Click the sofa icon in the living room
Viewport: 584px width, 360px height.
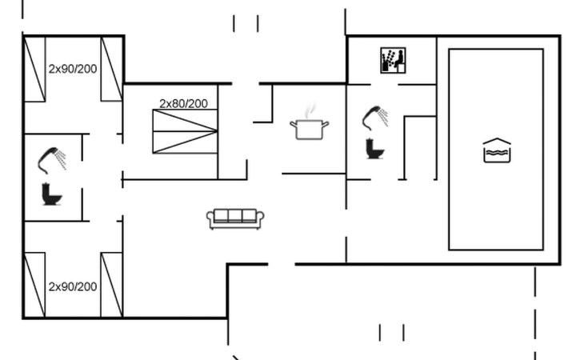point(235,218)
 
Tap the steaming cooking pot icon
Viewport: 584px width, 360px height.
point(310,126)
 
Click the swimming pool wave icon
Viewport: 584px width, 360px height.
point(497,150)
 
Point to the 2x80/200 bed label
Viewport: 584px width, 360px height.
point(183,103)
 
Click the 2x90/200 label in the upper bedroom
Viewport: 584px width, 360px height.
point(73,69)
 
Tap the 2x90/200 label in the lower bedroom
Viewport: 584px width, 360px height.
point(73,286)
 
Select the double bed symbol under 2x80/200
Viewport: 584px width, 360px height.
point(185,132)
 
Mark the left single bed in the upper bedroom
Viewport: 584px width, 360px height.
point(34,69)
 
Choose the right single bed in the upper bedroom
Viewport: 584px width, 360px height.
point(111,69)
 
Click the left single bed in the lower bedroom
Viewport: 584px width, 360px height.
point(34,285)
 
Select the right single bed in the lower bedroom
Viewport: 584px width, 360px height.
point(111,285)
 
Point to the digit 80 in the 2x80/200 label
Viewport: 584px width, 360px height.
point(178,103)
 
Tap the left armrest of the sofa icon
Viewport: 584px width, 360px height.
point(210,218)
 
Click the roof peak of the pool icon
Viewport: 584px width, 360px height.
point(497,139)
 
